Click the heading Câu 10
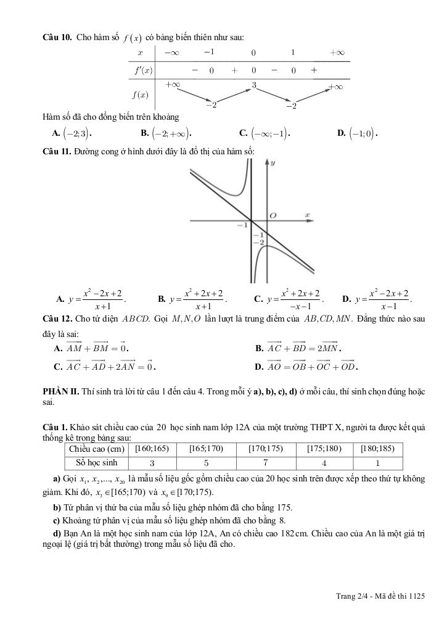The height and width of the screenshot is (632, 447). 57,38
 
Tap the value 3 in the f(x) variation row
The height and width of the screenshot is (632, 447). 253,85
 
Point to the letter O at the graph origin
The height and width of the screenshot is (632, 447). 273,215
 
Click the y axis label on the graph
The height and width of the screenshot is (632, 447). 272,162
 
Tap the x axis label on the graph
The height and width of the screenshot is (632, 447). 306,214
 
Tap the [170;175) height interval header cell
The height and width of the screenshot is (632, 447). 265,449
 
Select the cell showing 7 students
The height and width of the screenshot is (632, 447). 265,462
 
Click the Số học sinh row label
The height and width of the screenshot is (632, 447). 96,462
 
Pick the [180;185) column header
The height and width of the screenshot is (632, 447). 378,449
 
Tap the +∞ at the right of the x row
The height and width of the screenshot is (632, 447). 337,52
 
